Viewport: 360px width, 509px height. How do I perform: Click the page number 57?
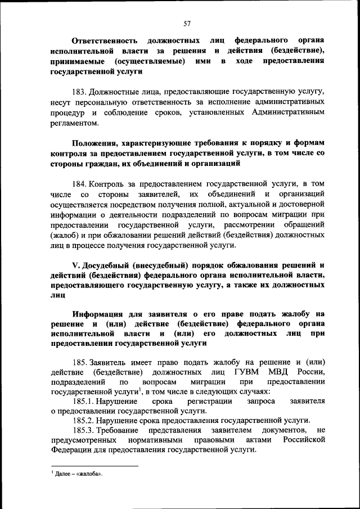point(187,23)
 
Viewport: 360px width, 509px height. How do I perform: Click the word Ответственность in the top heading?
point(105,41)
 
